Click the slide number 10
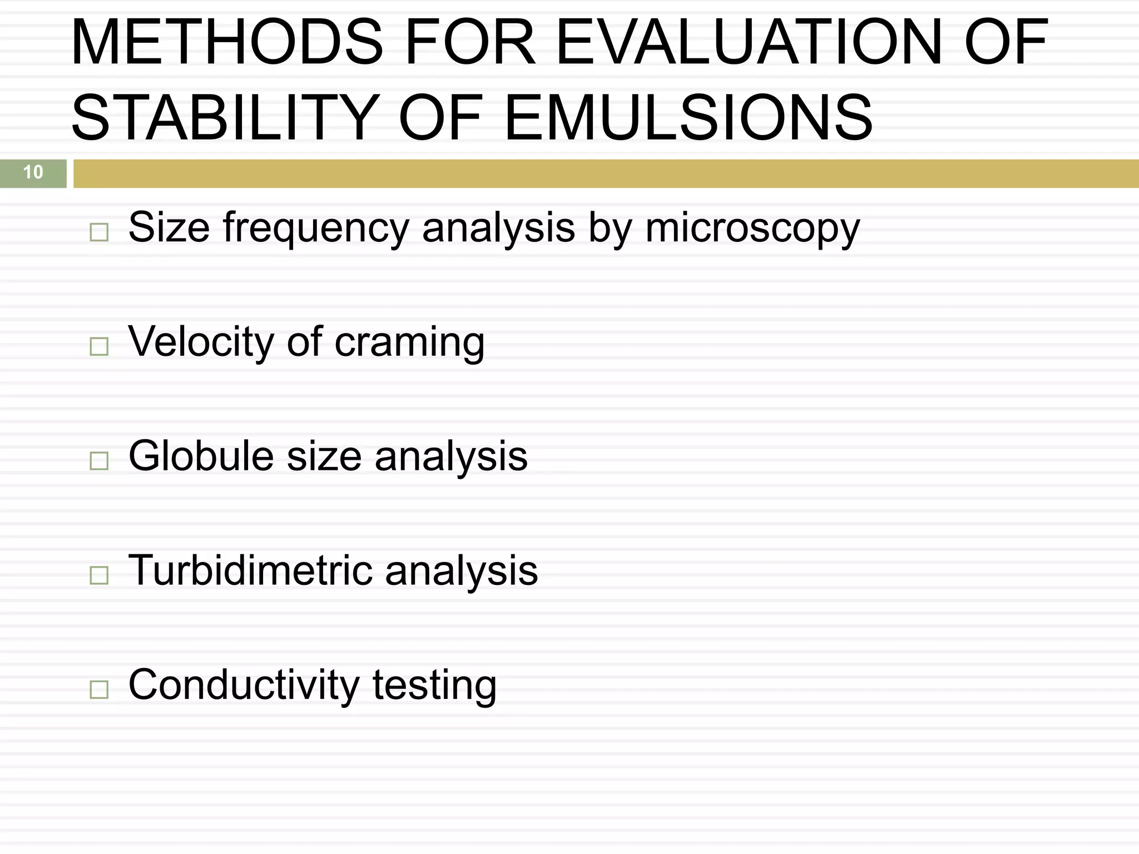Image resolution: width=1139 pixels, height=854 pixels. pyautogui.click(x=33, y=172)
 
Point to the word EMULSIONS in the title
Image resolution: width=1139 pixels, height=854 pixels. pyautogui.click(x=688, y=118)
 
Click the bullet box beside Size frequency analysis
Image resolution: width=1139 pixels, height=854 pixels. pyautogui.click(x=99, y=232)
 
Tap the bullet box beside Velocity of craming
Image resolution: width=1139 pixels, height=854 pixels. pyautogui.click(x=99, y=347)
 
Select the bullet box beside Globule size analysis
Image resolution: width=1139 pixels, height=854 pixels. pyautogui.click(x=99, y=461)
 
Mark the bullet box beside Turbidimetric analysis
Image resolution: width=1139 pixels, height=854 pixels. pyautogui.click(x=99, y=575)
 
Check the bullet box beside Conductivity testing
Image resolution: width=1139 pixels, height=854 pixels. pyautogui.click(x=99, y=690)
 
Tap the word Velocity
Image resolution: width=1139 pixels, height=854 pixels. pyautogui.click(x=201, y=342)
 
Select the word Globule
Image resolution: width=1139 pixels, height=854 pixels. pyautogui.click(x=201, y=456)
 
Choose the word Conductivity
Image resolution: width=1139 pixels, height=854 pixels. pyautogui.click(x=244, y=686)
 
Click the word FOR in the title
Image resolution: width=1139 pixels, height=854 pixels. pyautogui.click(x=471, y=43)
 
